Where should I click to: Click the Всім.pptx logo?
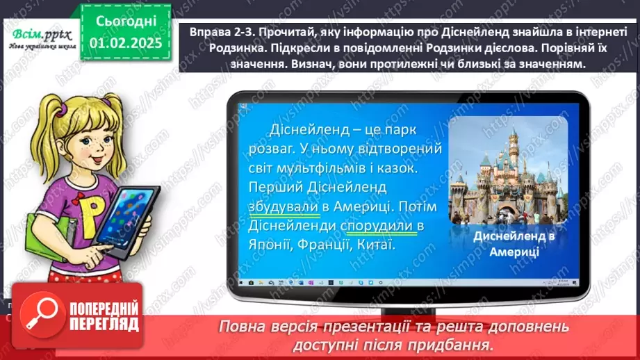point(40,35)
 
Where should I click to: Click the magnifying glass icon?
point(40,314)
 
